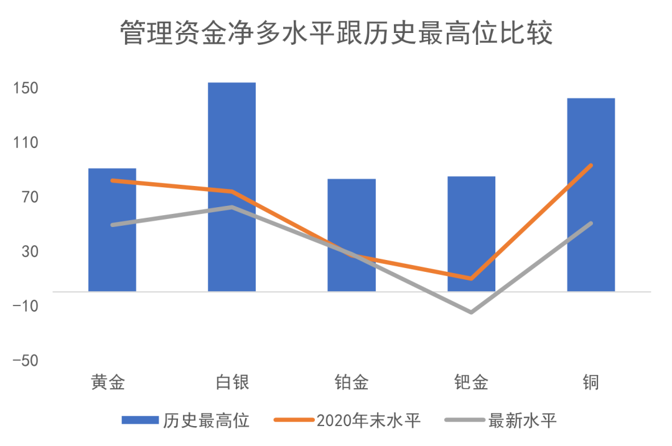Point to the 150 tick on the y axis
[27, 88]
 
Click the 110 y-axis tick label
[27, 142]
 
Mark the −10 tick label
[26, 306]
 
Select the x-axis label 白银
[232, 382]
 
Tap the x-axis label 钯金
[471, 382]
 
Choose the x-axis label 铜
[590, 382]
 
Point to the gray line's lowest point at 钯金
[471, 312]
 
